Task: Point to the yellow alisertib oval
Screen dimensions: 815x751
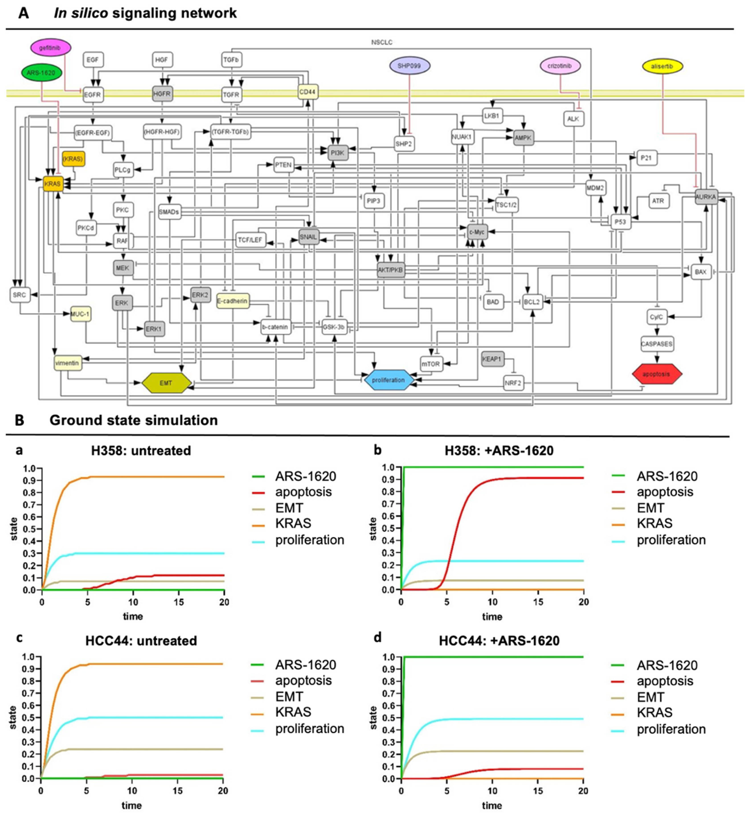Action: (x=662, y=66)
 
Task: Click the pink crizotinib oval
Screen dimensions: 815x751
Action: (x=560, y=66)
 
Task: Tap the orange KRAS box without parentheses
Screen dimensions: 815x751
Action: (x=53, y=184)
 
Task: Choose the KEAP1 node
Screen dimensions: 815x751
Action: (x=493, y=359)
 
